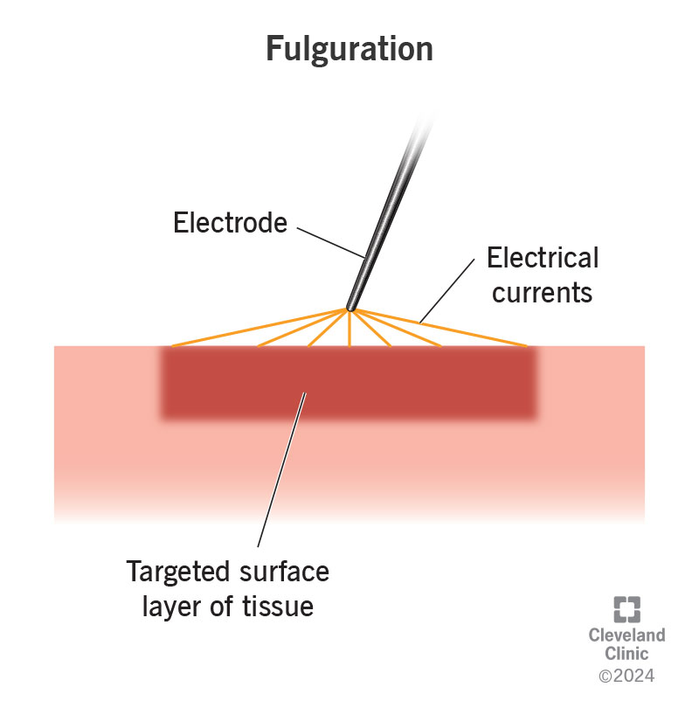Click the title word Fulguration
(349, 49)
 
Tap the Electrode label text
(230, 223)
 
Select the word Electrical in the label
(543, 258)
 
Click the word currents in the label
(542, 292)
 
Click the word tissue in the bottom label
(276, 606)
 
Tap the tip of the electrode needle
(350, 307)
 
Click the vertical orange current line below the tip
(349, 330)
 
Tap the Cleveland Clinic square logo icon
(627, 610)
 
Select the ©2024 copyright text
(626, 675)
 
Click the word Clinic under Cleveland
(626, 654)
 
